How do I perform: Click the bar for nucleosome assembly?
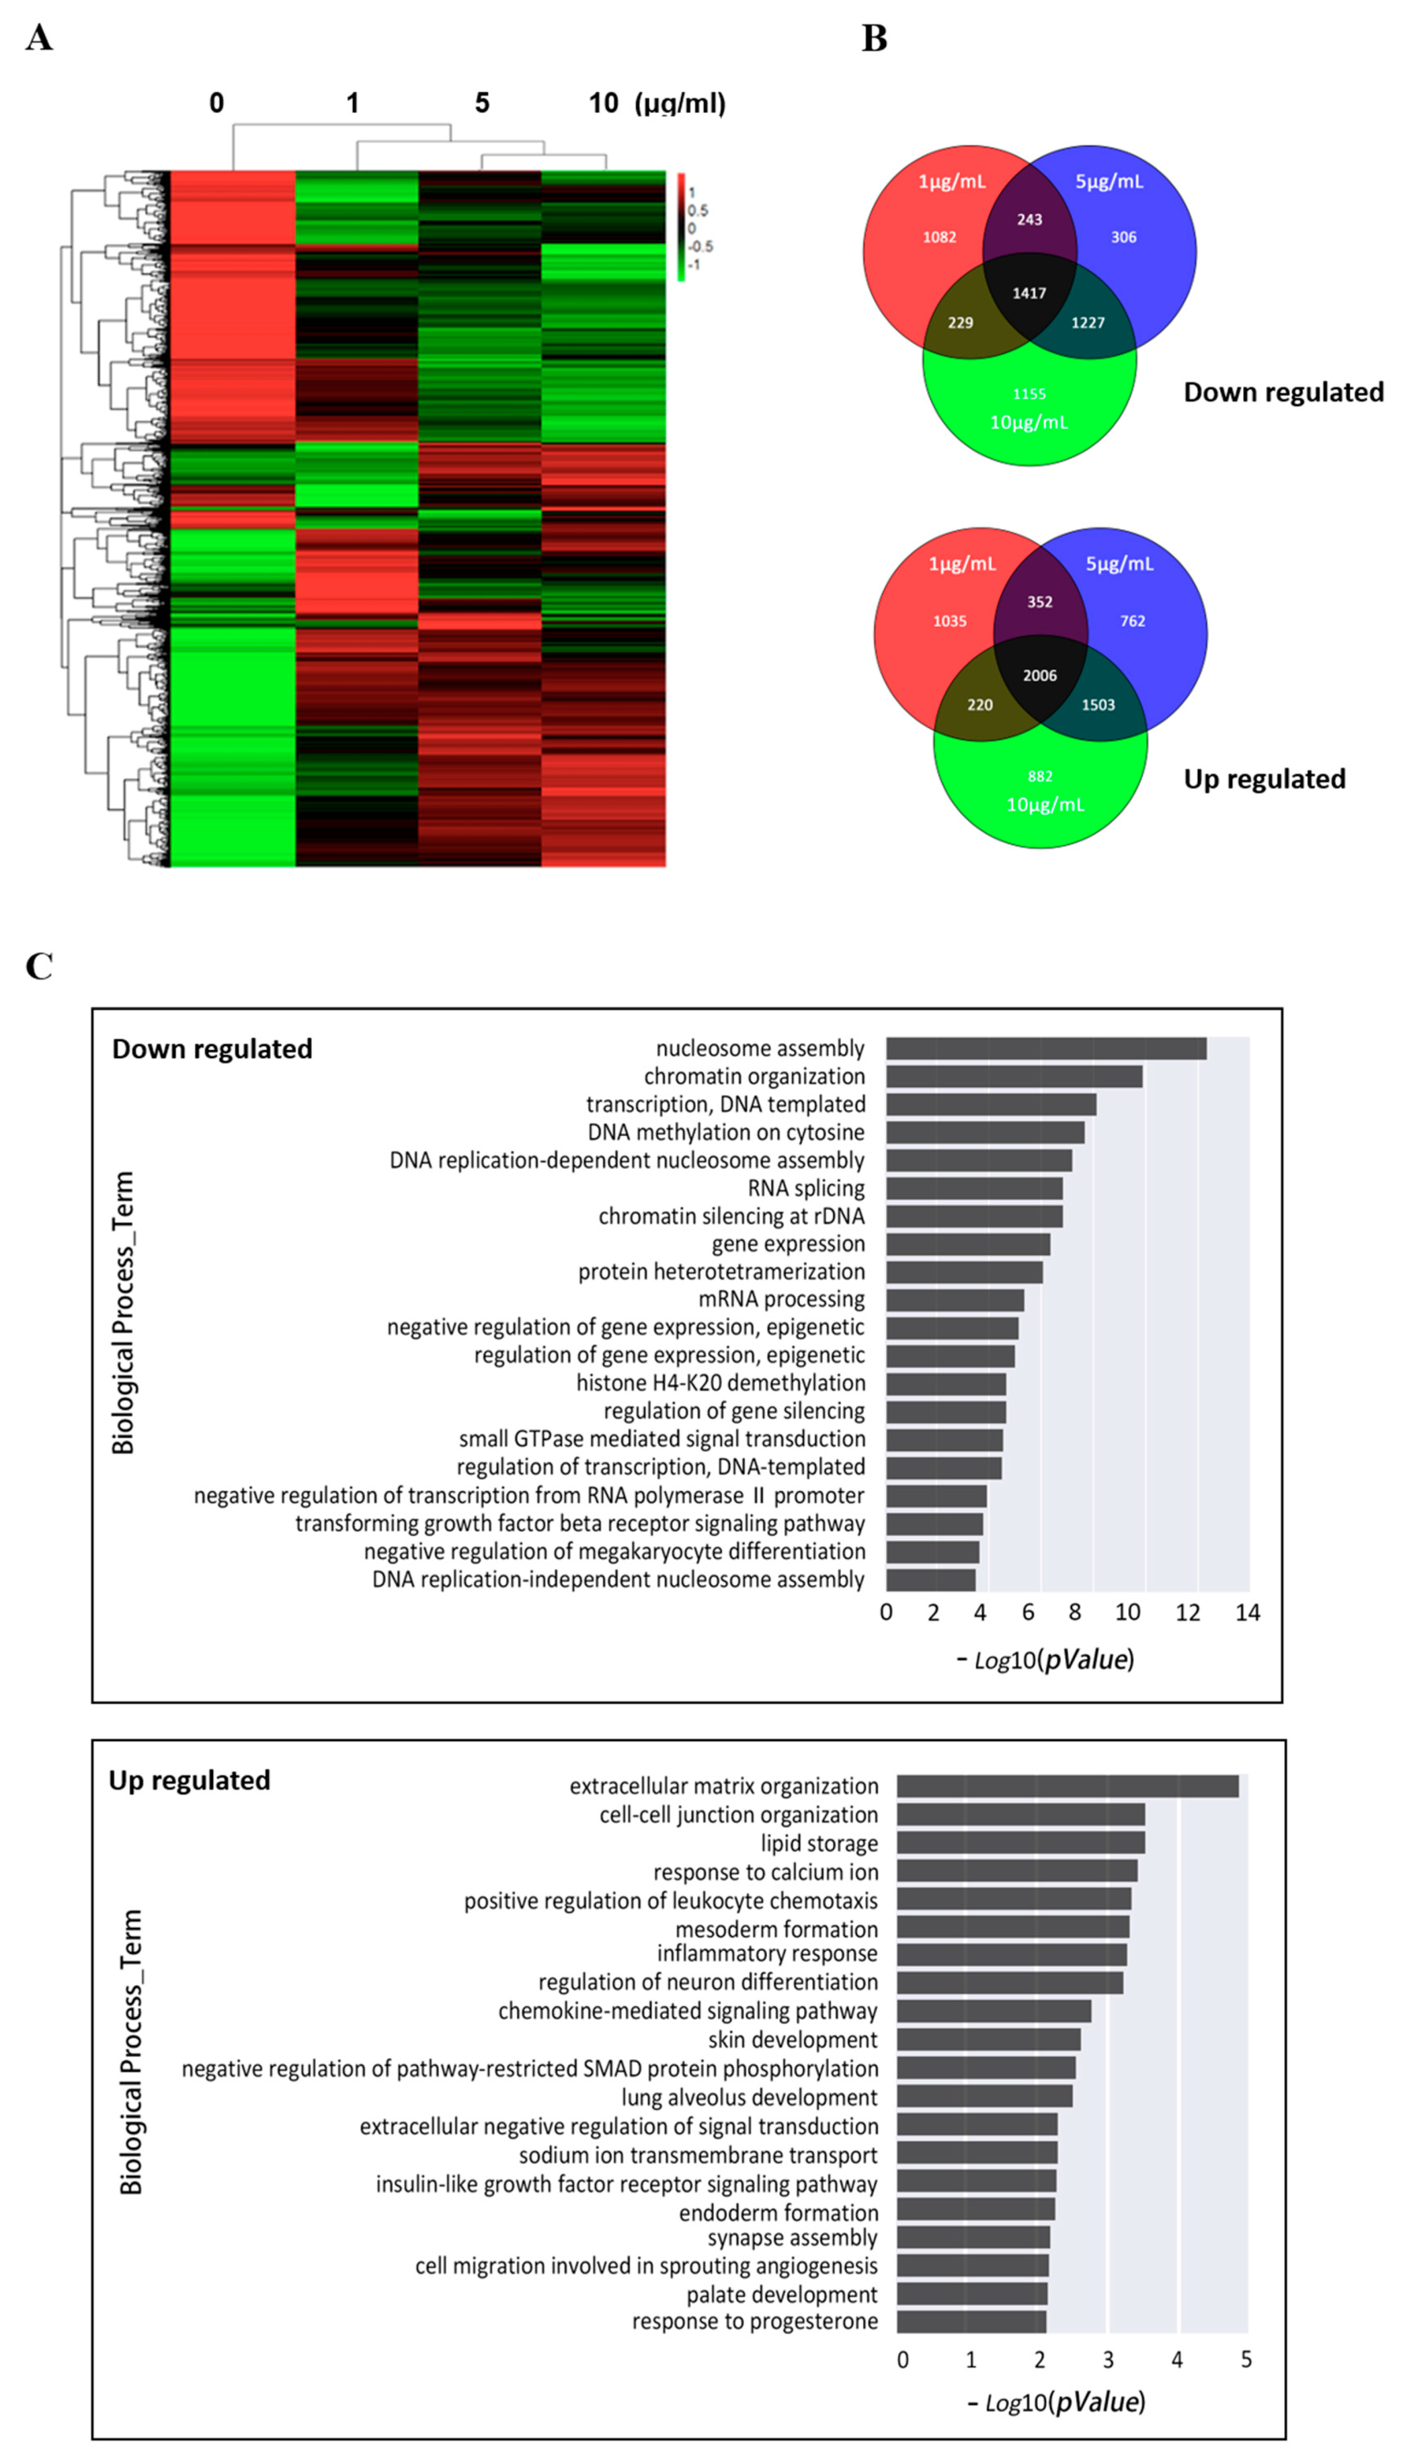point(1046,1047)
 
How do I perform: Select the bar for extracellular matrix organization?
point(1067,1786)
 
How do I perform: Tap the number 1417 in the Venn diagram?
point(1029,293)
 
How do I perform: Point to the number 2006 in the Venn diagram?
point(1039,675)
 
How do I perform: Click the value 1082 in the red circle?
point(939,237)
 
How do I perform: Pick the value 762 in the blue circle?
point(1132,621)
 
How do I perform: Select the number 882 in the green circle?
point(1039,776)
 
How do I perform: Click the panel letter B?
point(874,39)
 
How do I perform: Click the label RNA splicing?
point(806,1188)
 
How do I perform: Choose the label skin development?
point(792,2040)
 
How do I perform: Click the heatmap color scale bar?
point(681,227)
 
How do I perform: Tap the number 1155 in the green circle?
point(1029,393)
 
